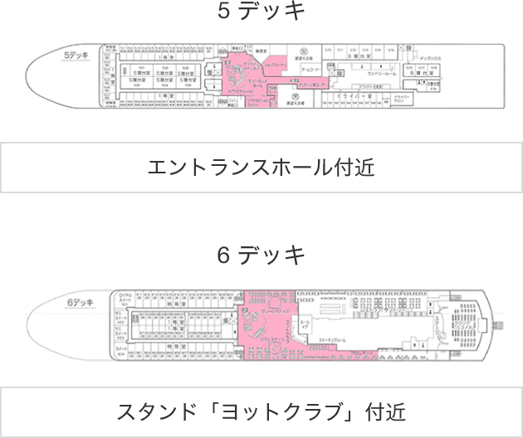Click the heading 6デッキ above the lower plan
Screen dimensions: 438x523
pos(261,254)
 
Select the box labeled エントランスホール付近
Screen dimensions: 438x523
pos(261,168)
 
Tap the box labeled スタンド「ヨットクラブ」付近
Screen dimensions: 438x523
pos(261,411)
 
